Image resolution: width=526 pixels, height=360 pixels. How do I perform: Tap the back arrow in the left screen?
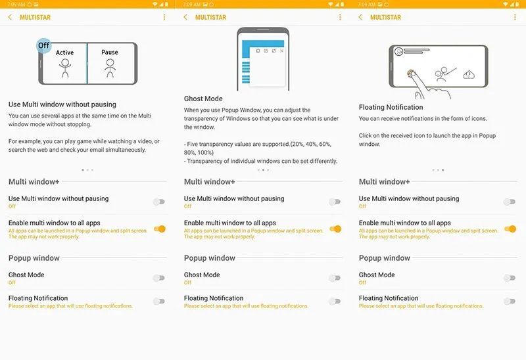10,17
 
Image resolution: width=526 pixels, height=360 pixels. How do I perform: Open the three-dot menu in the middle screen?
340,17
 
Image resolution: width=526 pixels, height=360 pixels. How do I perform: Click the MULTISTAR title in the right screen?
385,17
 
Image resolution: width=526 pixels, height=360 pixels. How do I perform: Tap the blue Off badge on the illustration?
43,45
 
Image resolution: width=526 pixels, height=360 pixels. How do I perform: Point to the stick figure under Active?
65,68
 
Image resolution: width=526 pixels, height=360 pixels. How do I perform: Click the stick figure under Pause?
110,68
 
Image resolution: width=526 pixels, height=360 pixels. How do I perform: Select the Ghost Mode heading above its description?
203,99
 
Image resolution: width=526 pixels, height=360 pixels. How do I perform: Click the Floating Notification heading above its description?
391,107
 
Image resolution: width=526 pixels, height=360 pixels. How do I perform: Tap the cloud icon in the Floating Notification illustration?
469,74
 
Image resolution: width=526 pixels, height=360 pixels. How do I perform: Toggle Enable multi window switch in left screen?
160,229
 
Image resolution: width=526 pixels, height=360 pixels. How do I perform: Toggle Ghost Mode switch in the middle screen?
335,278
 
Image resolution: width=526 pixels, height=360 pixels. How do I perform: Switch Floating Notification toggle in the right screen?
510,302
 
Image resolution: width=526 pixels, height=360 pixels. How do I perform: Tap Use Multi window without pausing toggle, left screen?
159,202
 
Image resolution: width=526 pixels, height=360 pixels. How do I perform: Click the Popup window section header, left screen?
34,258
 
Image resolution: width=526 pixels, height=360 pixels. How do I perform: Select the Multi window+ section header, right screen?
385,182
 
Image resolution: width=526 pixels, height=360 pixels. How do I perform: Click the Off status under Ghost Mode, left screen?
12,282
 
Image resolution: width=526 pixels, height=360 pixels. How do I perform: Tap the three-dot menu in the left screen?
164,17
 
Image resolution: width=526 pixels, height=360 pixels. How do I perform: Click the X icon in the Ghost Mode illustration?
281,51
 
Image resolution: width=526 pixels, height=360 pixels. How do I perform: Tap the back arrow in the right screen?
360,17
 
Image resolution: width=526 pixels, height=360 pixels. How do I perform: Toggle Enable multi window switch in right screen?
510,229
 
